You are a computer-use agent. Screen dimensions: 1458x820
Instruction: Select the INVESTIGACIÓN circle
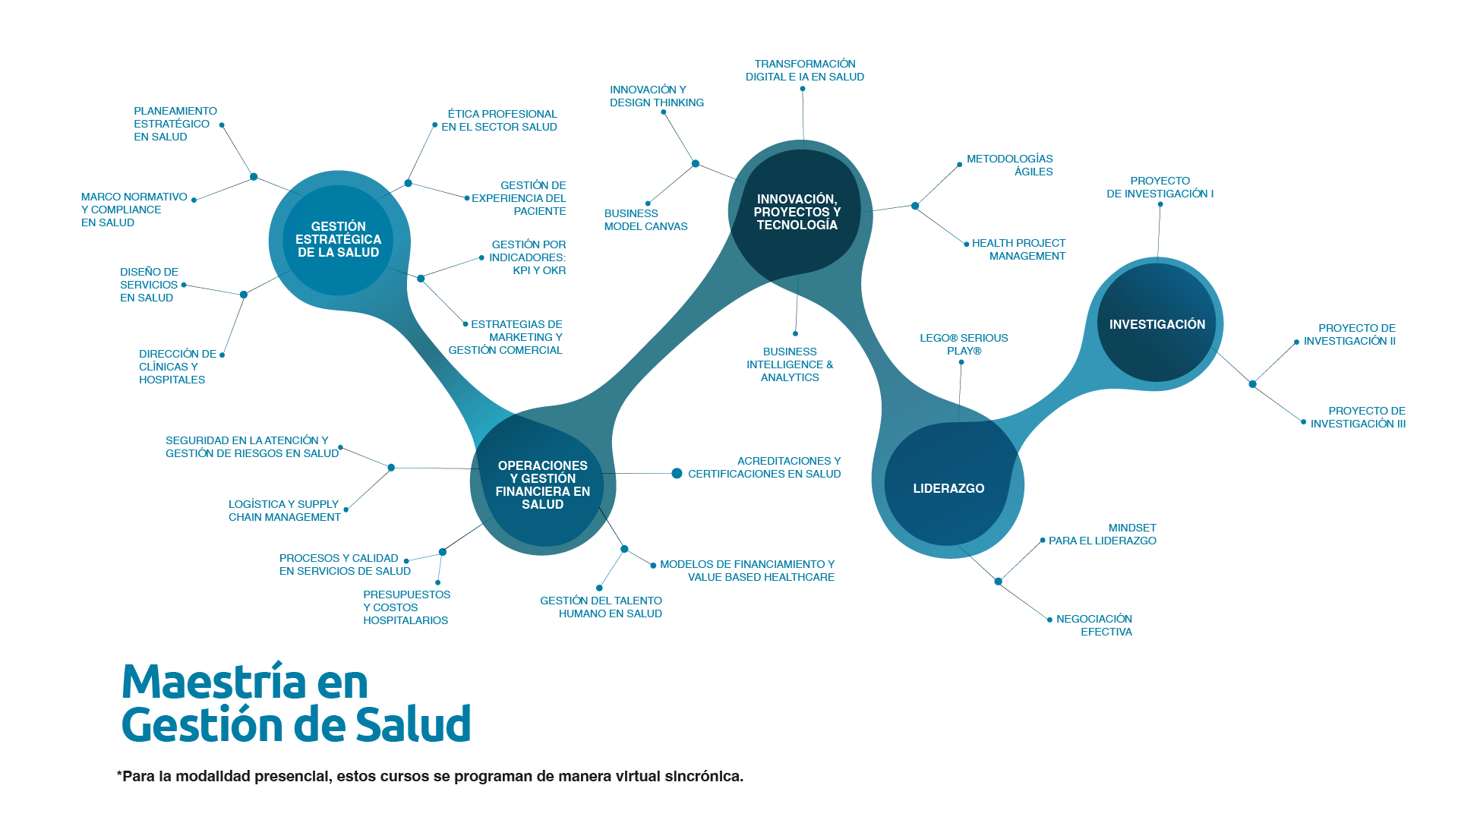pos(1157,323)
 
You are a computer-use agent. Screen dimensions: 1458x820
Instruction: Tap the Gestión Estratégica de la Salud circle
pos(338,240)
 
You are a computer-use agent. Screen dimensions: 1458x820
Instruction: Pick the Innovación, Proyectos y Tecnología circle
pos(797,212)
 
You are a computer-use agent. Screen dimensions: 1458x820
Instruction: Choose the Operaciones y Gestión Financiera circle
pos(542,484)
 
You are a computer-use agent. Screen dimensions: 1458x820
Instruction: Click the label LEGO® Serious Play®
pos(964,345)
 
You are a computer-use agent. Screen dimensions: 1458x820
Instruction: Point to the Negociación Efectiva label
pos(1094,626)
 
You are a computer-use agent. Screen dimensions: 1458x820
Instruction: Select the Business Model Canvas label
pos(645,220)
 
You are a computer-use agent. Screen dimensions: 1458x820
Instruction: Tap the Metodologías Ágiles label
pos(1009,166)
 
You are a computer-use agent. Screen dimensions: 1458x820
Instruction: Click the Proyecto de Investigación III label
pos(1358,418)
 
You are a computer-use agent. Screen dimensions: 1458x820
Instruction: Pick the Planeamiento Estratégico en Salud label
pos(175,124)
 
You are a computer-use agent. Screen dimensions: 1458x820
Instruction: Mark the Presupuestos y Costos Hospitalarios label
pos(406,607)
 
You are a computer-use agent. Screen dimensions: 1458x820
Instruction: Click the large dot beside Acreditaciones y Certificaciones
pos(677,474)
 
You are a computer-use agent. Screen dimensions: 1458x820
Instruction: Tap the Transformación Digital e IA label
pos(805,71)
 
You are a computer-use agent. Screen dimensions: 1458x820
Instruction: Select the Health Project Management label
pos(1018,250)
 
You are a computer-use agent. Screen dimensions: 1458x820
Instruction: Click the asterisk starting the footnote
pos(119,774)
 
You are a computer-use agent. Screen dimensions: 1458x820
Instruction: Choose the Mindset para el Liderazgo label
pos(1103,535)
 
